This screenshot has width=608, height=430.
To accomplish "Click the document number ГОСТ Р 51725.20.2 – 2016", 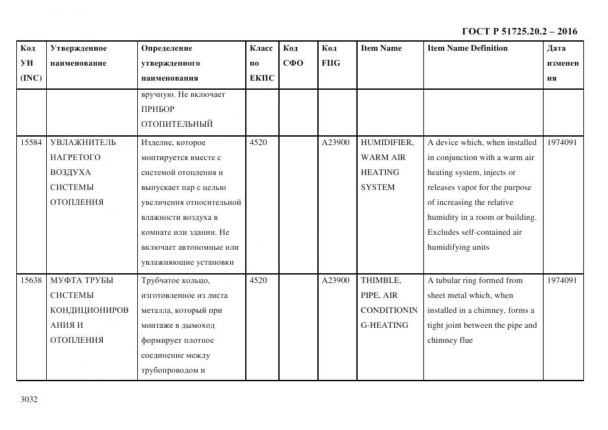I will click(519, 31).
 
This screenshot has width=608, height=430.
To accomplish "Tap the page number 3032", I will click(29, 399).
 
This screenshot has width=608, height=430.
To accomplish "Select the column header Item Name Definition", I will click(467, 48).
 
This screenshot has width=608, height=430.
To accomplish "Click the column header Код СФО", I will click(293, 56).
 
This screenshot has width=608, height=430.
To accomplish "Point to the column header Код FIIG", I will click(330, 56).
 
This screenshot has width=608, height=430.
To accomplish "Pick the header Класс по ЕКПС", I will click(262, 63).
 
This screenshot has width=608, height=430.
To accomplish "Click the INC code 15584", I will click(31, 142).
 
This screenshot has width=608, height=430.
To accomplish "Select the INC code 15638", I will click(31, 280).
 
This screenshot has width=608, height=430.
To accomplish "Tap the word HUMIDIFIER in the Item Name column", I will click(387, 142).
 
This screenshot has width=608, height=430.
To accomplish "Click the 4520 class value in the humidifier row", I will click(258, 142).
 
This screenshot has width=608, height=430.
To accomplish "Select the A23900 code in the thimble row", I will click(336, 280).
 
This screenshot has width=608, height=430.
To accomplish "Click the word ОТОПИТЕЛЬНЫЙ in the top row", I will click(177, 124).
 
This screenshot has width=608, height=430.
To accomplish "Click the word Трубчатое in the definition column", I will click(163, 280).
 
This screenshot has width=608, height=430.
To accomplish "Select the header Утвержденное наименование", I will click(79, 56).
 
